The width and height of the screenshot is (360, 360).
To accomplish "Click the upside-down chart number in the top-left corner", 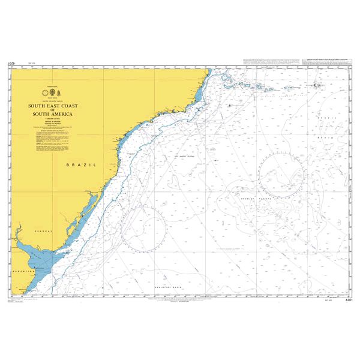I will pos(11,62).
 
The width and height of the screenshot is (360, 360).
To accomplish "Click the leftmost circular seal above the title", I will pos(43,92).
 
